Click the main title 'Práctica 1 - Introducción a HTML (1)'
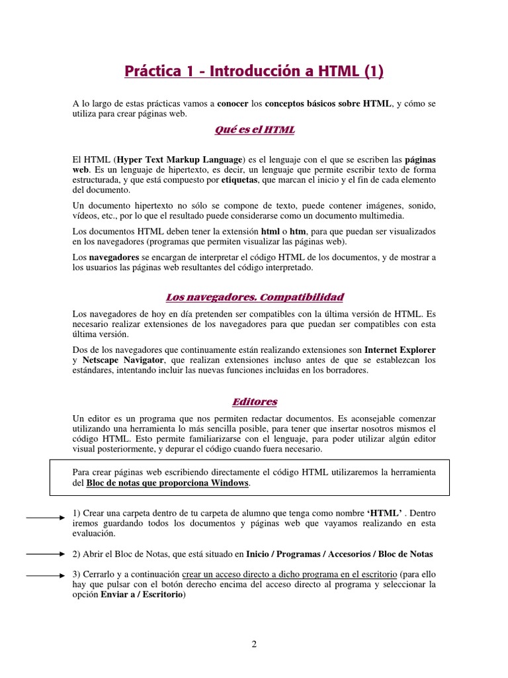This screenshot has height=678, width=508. pyautogui.click(x=254, y=71)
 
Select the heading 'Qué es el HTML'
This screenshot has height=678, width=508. pyautogui.click(x=254, y=130)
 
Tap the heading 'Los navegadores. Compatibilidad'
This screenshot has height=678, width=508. pyautogui.click(x=254, y=297)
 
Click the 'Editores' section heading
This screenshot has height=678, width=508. pyautogui.click(x=254, y=401)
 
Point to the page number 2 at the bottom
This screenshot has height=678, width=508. pyautogui.click(x=254, y=645)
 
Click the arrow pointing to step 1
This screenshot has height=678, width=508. pyautogui.click(x=46, y=518)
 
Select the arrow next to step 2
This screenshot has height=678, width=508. pyautogui.click(x=46, y=553)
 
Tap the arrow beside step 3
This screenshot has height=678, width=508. pyautogui.click(x=46, y=576)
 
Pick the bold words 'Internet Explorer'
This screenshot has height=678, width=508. pyautogui.click(x=400, y=350)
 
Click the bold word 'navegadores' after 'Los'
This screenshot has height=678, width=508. pyautogui.click(x=114, y=258)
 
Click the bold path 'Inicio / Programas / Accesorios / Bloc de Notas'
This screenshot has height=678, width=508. pyautogui.click(x=339, y=554)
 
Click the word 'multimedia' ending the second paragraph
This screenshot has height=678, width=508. pyautogui.click(x=398, y=216)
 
